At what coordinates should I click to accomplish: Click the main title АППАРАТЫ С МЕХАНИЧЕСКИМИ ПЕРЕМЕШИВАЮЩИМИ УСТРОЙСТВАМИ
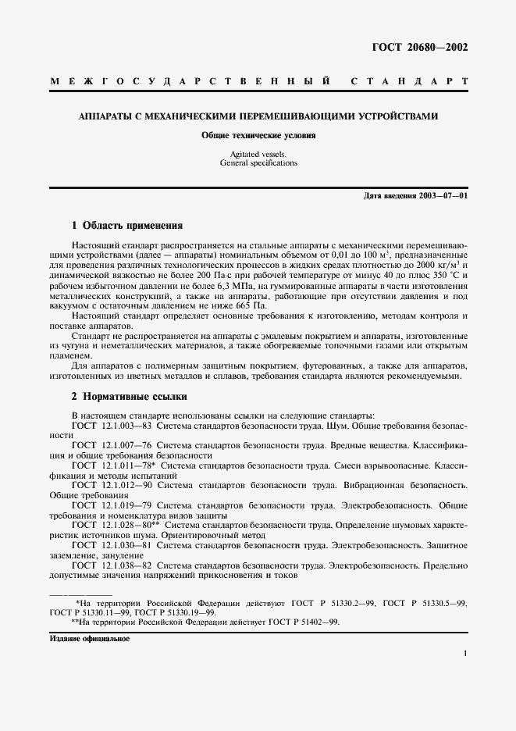point(258,117)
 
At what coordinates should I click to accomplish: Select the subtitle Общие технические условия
point(258,136)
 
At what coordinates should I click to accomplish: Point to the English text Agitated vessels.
point(258,155)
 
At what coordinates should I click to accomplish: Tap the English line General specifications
point(258,164)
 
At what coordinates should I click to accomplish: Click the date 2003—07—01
point(441,195)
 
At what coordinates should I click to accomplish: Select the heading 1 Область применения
point(127,226)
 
